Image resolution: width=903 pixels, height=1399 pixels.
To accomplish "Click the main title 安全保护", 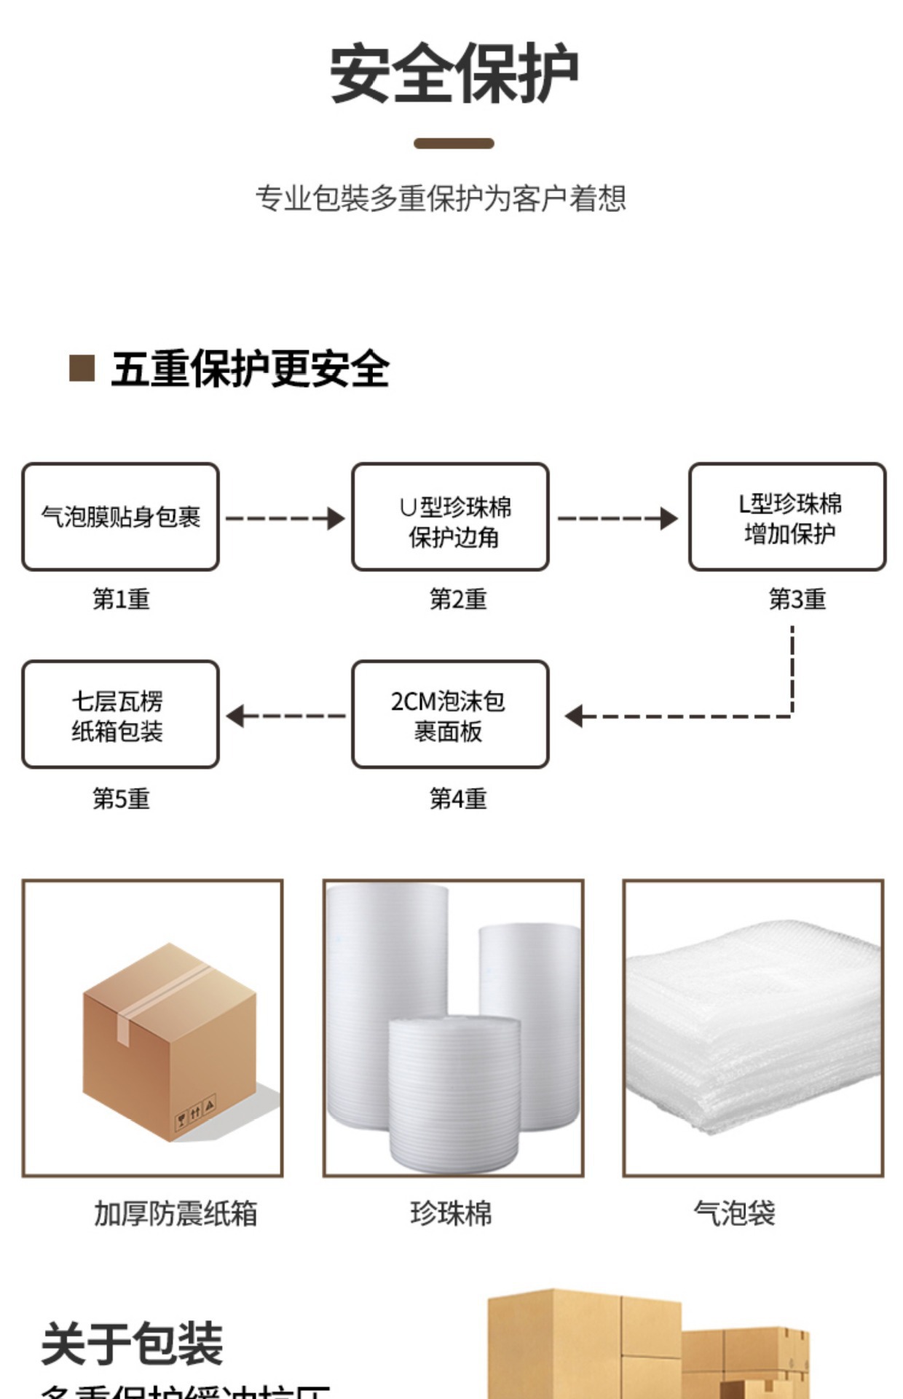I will (x=454, y=74).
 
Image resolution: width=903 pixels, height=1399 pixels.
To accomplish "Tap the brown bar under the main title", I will (x=454, y=144).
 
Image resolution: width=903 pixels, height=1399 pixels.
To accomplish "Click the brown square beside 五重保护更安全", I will (x=82, y=368).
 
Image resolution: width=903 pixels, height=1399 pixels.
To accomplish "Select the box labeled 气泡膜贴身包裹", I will (x=120, y=517).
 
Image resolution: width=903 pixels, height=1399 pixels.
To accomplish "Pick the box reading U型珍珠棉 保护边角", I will (x=450, y=517).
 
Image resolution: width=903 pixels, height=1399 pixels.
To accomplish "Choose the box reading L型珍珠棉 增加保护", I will (x=787, y=517).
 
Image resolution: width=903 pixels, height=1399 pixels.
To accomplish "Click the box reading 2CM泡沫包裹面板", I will (x=450, y=715).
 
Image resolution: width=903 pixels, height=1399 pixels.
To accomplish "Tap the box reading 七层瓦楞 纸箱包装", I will (x=120, y=715).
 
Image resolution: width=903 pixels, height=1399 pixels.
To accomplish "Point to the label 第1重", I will (x=121, y=600).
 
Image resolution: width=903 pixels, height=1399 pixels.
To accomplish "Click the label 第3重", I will (x=797, y=600).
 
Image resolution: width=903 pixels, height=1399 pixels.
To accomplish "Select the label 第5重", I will (x=121, y=799).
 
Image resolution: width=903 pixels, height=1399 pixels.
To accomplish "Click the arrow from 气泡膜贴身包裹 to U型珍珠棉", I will (x=285, y=519).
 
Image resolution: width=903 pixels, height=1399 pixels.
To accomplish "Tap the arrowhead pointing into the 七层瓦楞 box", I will (x=235, y=716).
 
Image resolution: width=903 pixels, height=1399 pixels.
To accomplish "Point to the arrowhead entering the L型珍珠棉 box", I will (x=669, y=519).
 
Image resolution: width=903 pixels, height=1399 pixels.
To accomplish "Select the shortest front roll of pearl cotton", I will (x=454, y=1093).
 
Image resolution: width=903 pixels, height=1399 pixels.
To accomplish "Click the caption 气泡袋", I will (x=734, y=1214).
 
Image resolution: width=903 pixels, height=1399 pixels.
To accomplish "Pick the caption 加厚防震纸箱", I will (x=176, y=1214).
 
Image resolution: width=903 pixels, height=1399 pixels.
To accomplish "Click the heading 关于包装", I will (x=132, y=1344).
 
